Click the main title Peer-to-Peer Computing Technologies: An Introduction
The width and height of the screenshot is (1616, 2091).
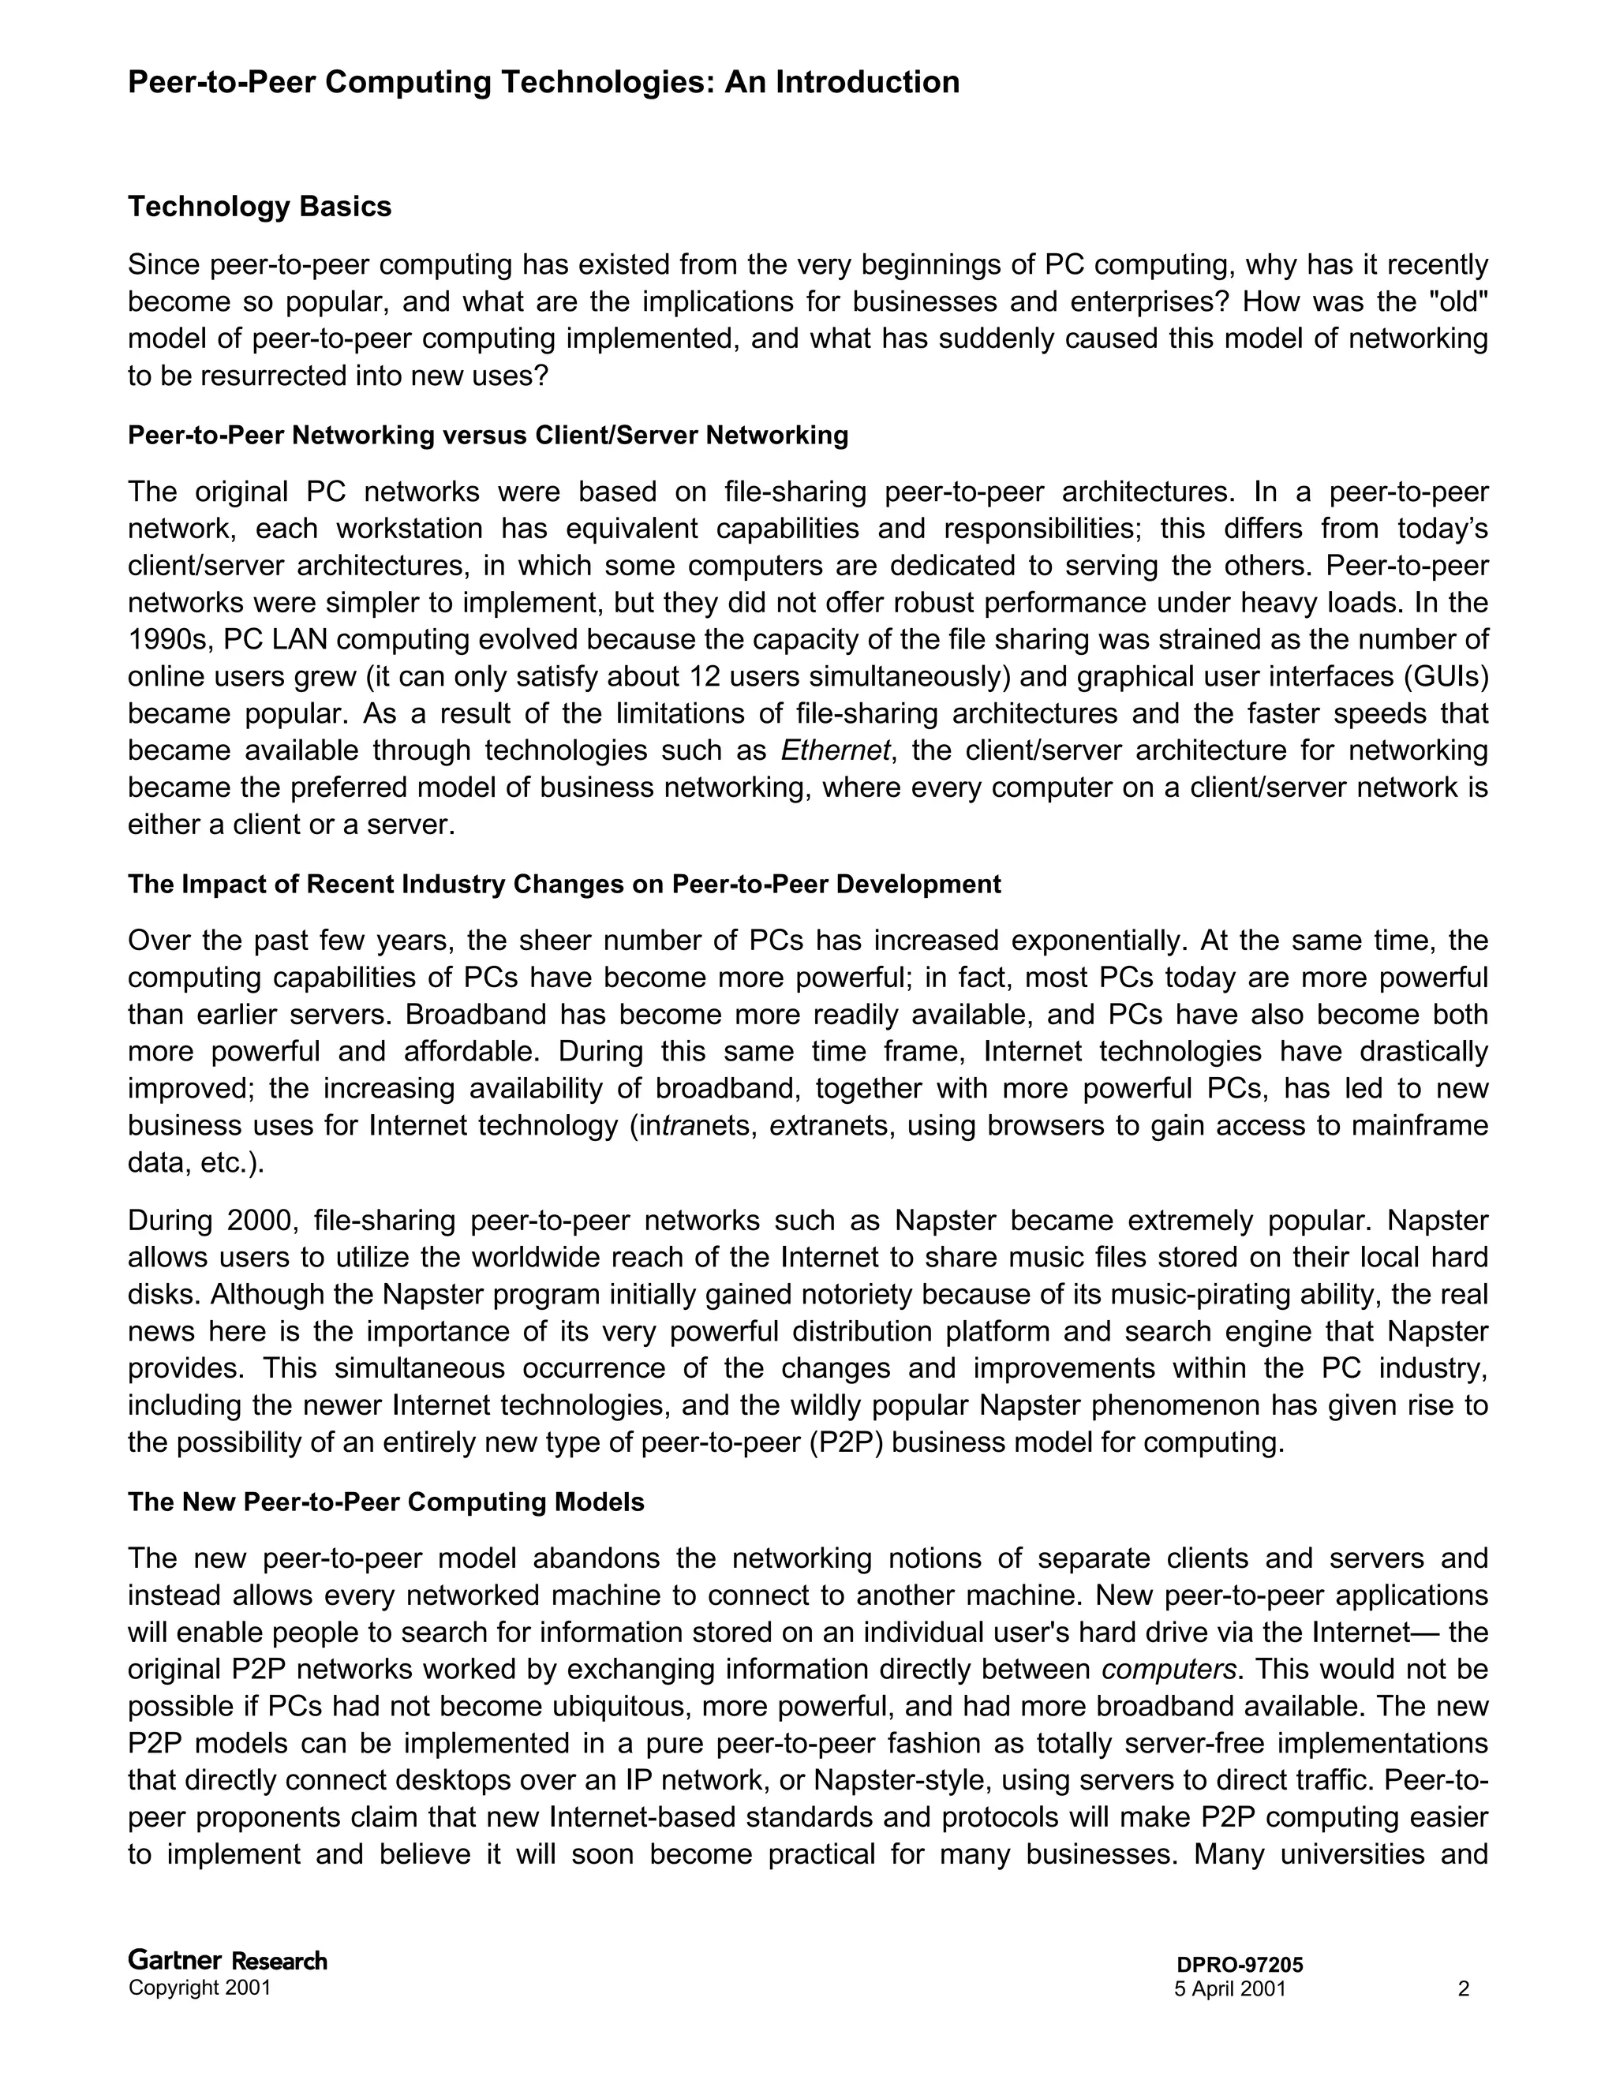(x=543, y=82)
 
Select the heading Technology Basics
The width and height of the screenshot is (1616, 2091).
(x=260, y=207)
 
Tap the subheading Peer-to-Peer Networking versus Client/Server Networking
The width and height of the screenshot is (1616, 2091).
(x=488, y=436)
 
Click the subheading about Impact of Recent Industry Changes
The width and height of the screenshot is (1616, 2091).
(x=564, y=884)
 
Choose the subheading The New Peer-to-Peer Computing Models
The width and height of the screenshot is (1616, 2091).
(x=386, y=1502)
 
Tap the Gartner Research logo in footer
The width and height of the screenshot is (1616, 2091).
(x=228, y=1961)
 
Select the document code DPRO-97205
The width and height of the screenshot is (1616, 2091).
(x=1240, y=1966)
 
